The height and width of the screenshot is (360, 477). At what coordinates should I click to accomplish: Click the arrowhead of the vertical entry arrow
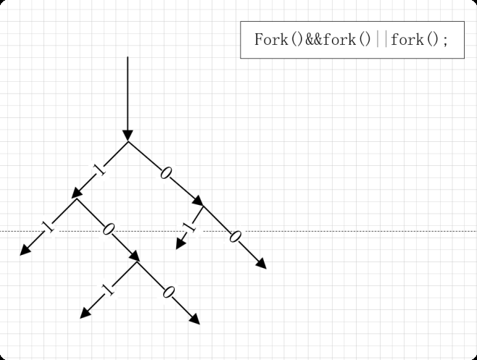128,135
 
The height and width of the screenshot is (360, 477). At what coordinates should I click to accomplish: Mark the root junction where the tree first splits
128,142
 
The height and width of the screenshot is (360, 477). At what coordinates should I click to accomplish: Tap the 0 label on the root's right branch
166,172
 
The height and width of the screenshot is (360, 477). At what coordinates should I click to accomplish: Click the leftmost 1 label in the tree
48,227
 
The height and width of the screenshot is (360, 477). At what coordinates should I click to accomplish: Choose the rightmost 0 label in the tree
234,236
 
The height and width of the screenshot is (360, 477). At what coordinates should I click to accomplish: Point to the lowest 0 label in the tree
169,293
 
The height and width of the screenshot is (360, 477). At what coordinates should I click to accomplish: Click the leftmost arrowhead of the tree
25,251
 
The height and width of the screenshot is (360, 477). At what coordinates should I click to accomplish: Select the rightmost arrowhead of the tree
262,264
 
